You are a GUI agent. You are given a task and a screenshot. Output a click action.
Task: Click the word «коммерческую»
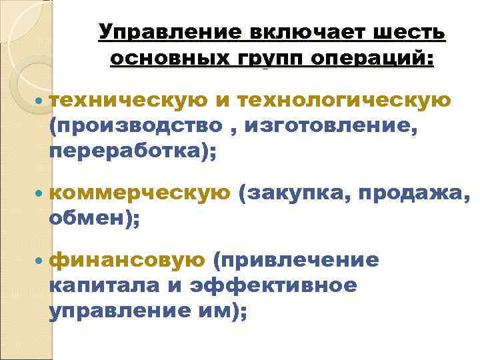coord(139,193)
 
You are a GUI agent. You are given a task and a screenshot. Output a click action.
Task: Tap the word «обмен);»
coord(94,219)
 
